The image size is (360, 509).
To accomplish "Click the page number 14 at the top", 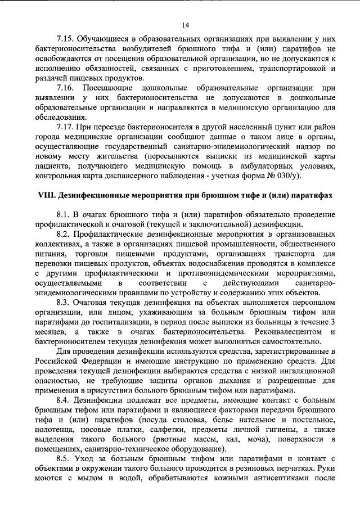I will (185, 24).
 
